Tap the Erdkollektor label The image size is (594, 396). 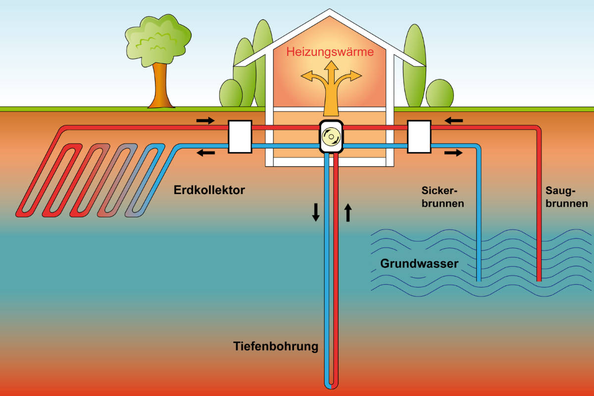209,190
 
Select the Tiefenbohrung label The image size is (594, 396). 276,346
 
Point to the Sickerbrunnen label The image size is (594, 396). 443,197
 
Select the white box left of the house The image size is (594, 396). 240,137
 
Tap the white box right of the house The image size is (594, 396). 419,137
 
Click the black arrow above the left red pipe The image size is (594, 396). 206,120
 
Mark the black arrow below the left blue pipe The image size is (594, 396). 206,153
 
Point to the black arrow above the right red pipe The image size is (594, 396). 453,120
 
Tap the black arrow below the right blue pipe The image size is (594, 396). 453,153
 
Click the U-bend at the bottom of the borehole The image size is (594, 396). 331,384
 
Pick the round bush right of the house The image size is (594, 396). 439,93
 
